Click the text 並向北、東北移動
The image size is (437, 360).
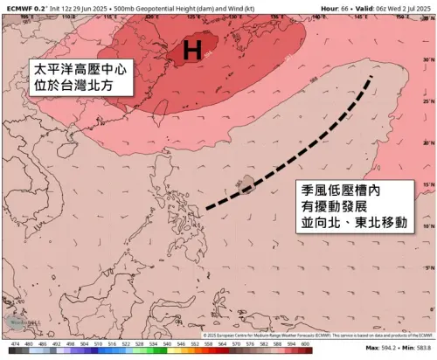tap(353, 224)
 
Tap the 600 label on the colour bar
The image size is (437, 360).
tap(304, 345)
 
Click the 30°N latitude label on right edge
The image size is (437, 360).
tap(427, 59)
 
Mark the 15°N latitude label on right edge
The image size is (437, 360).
tap(427, 185)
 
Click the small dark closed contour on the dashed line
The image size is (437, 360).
tap(246, 183)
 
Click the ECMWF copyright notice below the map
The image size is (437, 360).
tap(315, 335)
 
